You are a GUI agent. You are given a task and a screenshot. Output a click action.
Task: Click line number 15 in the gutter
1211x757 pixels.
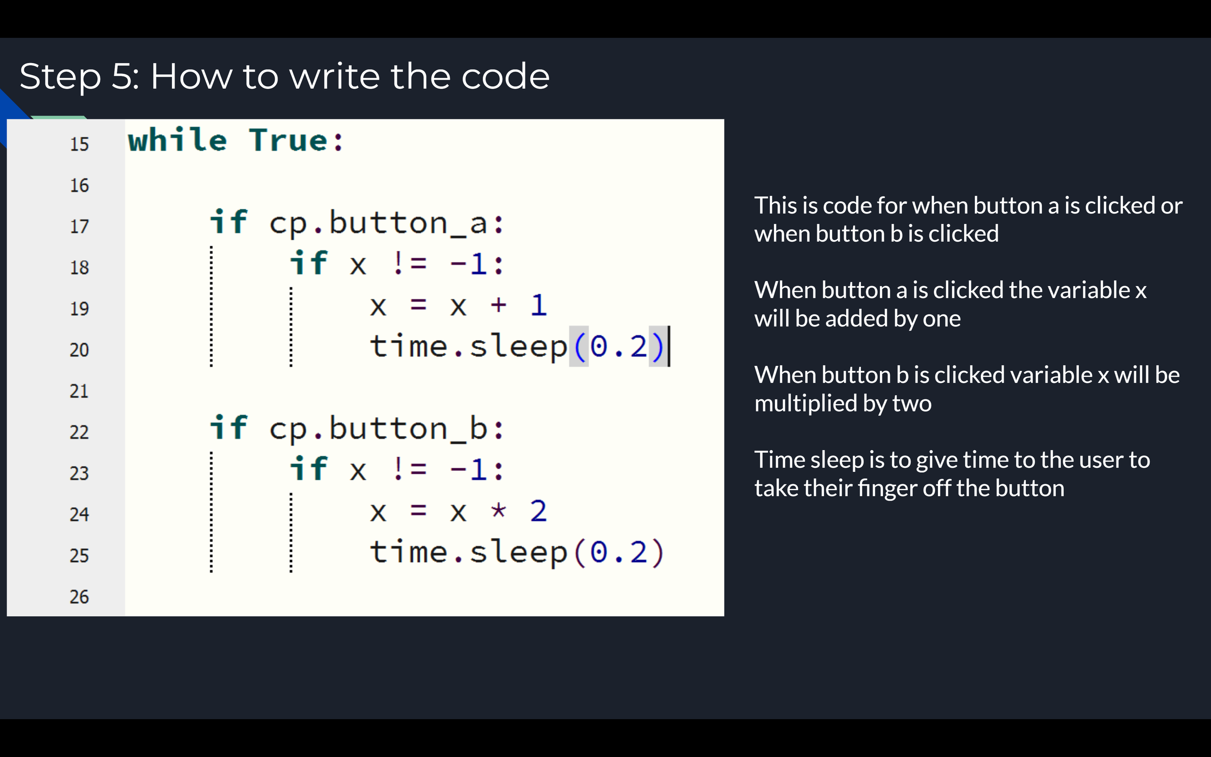point(79,144)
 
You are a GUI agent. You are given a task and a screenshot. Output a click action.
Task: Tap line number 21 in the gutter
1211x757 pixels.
point(79,391)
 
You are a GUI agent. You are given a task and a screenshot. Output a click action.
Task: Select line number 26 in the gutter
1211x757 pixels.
point(79,597)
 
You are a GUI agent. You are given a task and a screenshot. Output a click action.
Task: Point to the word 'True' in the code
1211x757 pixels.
point(289,140)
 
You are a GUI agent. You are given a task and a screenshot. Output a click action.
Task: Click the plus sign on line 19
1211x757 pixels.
point(499,305)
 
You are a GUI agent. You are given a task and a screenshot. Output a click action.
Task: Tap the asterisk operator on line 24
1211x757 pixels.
point(499,510)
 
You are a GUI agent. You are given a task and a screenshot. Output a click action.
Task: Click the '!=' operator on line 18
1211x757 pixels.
point(410,263)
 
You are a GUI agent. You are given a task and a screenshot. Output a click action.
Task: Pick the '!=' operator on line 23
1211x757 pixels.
point(410,469)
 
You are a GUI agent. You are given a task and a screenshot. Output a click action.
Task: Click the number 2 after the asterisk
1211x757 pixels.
point(538,511)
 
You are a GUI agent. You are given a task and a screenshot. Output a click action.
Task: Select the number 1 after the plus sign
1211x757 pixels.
point(539,305)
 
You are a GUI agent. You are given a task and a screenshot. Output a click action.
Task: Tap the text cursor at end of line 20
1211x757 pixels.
point(669,346)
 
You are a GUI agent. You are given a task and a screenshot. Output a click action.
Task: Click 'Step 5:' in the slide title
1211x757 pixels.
point(80,77)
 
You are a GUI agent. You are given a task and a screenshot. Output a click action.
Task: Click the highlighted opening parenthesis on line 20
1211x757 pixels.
point(579,347)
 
